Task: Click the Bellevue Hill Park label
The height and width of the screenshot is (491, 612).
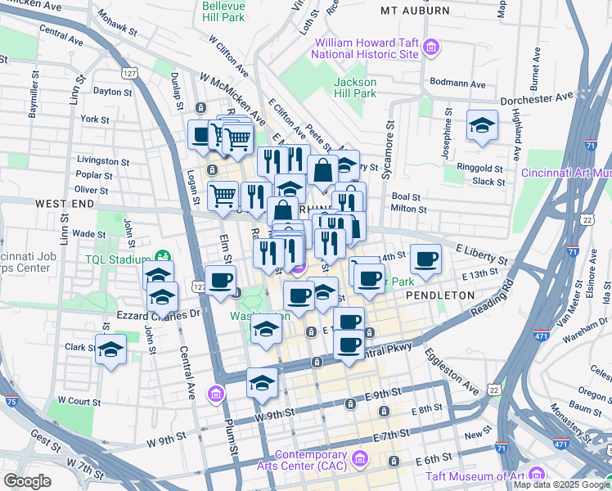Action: coord(223,11)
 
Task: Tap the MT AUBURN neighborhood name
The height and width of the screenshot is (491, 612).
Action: coord(416,11)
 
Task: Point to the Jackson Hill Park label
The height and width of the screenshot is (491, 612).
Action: coord(355,88)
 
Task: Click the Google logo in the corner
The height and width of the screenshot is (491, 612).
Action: coord(27,481)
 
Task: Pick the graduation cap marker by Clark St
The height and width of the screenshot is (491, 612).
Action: coord(110,350)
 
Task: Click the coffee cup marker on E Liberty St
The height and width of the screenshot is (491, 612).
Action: coord(425,259)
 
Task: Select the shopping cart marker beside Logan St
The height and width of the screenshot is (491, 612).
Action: coord(223,196)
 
